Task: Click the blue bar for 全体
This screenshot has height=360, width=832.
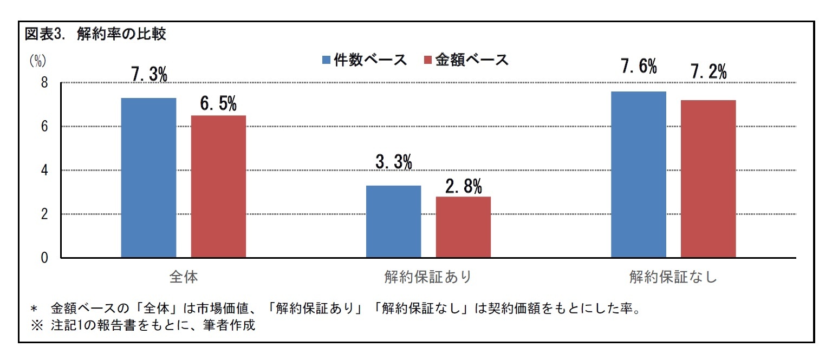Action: click(148, 178)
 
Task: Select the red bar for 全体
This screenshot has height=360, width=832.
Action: click(218, 186)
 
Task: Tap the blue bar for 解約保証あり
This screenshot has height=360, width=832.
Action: click(393, 221)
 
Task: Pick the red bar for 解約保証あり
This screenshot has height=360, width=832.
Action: click(463, 227)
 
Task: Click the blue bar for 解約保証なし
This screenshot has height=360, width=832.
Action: click(639, 174)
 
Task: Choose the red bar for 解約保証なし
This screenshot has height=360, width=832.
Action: click(708, 179)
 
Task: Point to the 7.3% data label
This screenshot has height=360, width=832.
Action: click(149, 75)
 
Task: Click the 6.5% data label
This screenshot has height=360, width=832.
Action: click(218, 103)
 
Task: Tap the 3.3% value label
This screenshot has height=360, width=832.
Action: click(394, 162)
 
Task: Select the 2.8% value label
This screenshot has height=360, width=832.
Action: click(463, 187)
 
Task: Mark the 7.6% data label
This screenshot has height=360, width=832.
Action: click(639, 67)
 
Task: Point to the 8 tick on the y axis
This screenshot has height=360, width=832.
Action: click(44, 83)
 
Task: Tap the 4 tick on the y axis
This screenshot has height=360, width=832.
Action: click(44, 171)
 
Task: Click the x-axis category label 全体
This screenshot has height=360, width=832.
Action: click(183, 277)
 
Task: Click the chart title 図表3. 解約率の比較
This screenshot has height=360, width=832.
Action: click(95, 34)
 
